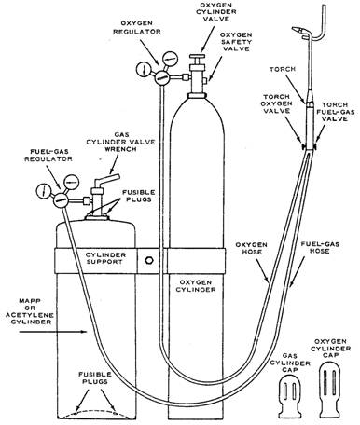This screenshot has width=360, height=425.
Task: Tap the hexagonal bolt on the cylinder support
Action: [149, 260]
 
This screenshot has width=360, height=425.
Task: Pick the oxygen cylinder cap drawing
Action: [333, 390]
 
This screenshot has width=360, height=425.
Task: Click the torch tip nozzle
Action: [300, 31]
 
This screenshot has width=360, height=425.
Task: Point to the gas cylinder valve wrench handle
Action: [108, 180]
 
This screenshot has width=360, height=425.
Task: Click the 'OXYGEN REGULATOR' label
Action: [137, 27]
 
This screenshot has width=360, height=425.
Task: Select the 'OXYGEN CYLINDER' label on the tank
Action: [196, 286]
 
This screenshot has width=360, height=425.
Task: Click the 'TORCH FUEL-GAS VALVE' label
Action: [338, 112]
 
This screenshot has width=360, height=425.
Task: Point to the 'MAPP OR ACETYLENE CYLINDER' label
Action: [30, 311]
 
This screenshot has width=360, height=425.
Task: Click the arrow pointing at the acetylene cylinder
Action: [53, 332]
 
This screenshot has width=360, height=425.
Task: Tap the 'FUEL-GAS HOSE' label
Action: [320, 247]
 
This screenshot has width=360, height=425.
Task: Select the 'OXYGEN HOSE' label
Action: [251, 248]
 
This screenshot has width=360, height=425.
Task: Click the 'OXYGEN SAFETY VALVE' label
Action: [236, 42]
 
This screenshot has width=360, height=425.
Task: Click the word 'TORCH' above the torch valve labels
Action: [283, 69]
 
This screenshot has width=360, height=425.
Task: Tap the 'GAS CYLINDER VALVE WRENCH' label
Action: [120, 142]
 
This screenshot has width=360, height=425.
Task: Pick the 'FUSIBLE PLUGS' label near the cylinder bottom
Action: [95, 377]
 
